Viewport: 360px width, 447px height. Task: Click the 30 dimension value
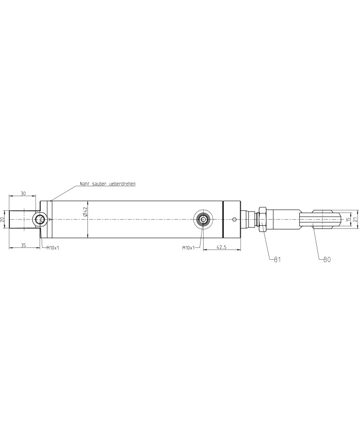23,193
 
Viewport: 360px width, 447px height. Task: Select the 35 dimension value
23,245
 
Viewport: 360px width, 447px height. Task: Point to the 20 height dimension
3,220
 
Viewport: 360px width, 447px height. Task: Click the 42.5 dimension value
222,247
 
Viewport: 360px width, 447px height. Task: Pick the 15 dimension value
348,220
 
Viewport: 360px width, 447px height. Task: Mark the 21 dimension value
355,220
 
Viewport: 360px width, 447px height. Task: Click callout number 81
277,260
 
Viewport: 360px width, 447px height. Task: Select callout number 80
327,260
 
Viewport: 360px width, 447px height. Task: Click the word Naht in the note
84,184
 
